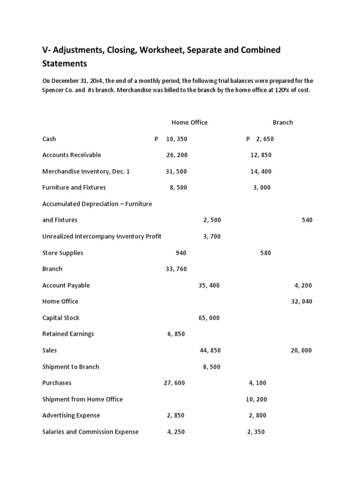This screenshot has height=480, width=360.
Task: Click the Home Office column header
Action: point(189,122)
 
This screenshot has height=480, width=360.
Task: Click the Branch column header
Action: point(283,122)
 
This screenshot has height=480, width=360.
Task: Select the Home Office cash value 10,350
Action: point(176,139)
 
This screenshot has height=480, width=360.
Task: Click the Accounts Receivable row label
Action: point(72,155)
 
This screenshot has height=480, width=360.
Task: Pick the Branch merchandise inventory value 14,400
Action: point(261,171)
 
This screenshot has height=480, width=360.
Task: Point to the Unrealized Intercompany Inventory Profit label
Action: point(102,236)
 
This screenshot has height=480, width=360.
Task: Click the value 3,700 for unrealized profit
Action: point(212,236)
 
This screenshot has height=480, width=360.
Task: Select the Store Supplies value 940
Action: point(181,253)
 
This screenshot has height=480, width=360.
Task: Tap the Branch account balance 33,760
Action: point(176,269)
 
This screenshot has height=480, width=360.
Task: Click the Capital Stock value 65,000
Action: point(209,318)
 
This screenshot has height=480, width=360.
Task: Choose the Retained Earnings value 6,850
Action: point(176,334)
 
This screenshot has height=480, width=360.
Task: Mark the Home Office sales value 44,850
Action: point(209,350)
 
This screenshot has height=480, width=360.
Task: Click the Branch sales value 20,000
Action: point(301,350)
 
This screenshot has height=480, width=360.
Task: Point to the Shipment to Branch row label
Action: point(71,367)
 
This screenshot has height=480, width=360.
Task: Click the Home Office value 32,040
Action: point(301,301)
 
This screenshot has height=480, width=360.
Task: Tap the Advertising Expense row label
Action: point(71,415)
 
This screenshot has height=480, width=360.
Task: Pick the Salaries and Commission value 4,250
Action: point(176,432)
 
